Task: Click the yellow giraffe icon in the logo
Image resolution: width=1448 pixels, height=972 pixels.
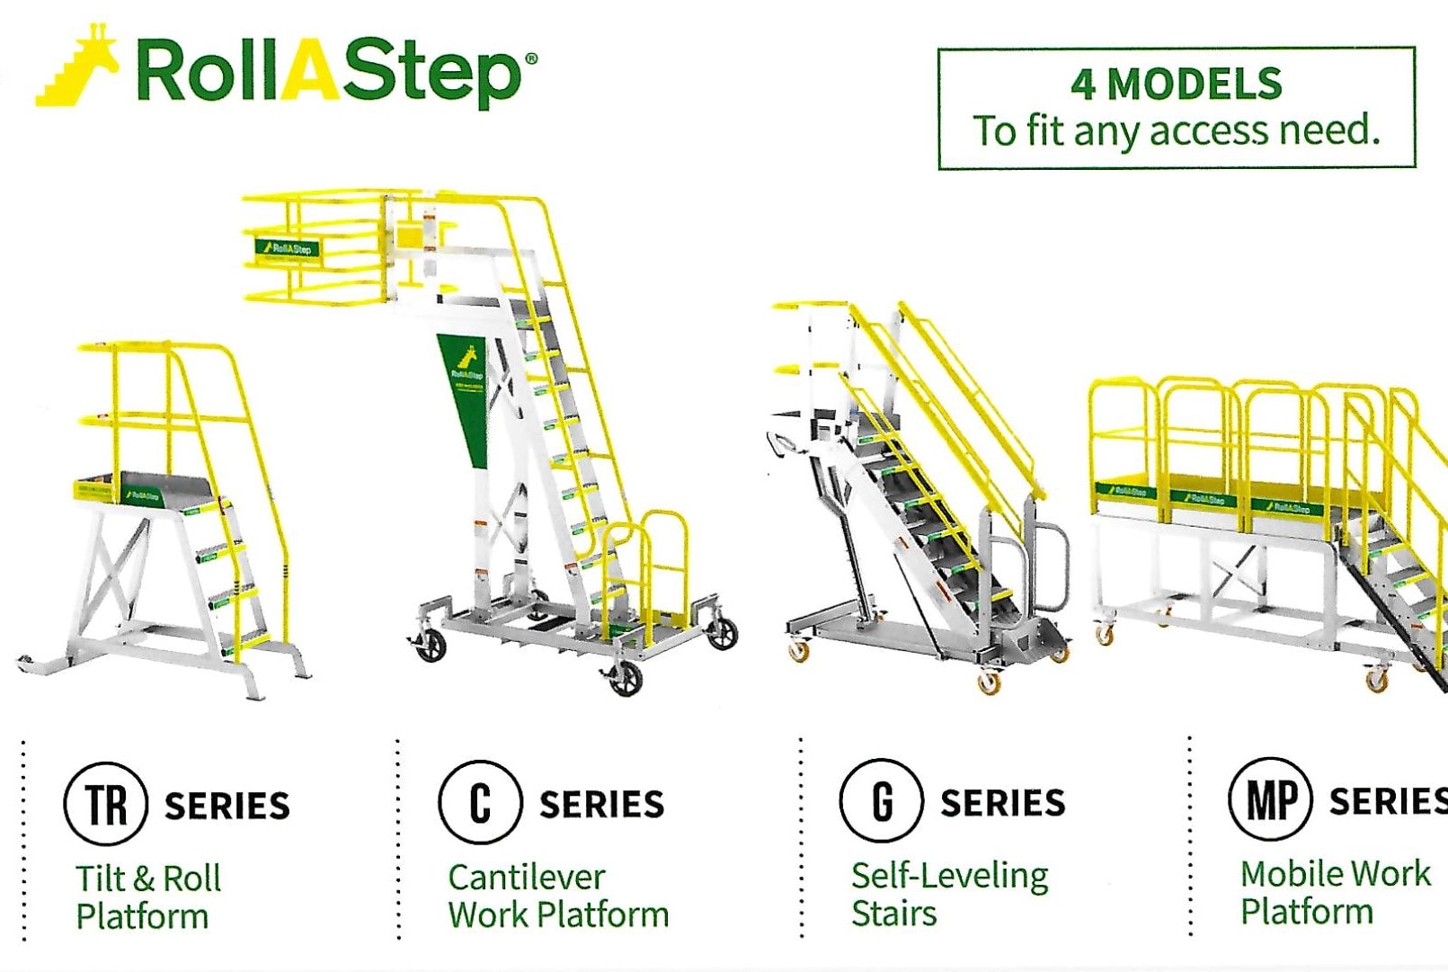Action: tap(79, 67)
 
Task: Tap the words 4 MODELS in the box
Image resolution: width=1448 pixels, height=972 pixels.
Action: tap(1176, 85)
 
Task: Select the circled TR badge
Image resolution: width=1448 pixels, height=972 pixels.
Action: tap(106, 803)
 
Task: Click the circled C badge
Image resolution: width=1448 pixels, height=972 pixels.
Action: tap(480, 801)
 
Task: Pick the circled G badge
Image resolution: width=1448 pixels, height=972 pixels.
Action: tap(881, 799)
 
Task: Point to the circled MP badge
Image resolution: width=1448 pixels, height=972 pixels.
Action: tap(1271, 798)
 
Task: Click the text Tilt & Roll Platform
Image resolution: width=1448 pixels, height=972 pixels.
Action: tap(147, 896)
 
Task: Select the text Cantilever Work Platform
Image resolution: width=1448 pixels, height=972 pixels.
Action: tap(557, 895)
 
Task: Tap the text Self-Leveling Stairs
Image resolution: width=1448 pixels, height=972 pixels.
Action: tap(948, 893)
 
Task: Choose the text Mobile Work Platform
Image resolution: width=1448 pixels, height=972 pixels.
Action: tap(1334, 891)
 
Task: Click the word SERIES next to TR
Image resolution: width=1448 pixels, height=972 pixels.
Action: tap(227, 806)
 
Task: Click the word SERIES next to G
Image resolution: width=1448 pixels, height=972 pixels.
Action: tap(1002, 802)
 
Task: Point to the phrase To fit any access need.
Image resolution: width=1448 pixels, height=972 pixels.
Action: tap(1176, 130)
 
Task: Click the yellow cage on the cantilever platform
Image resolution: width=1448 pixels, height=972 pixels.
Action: tap(315, 247)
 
